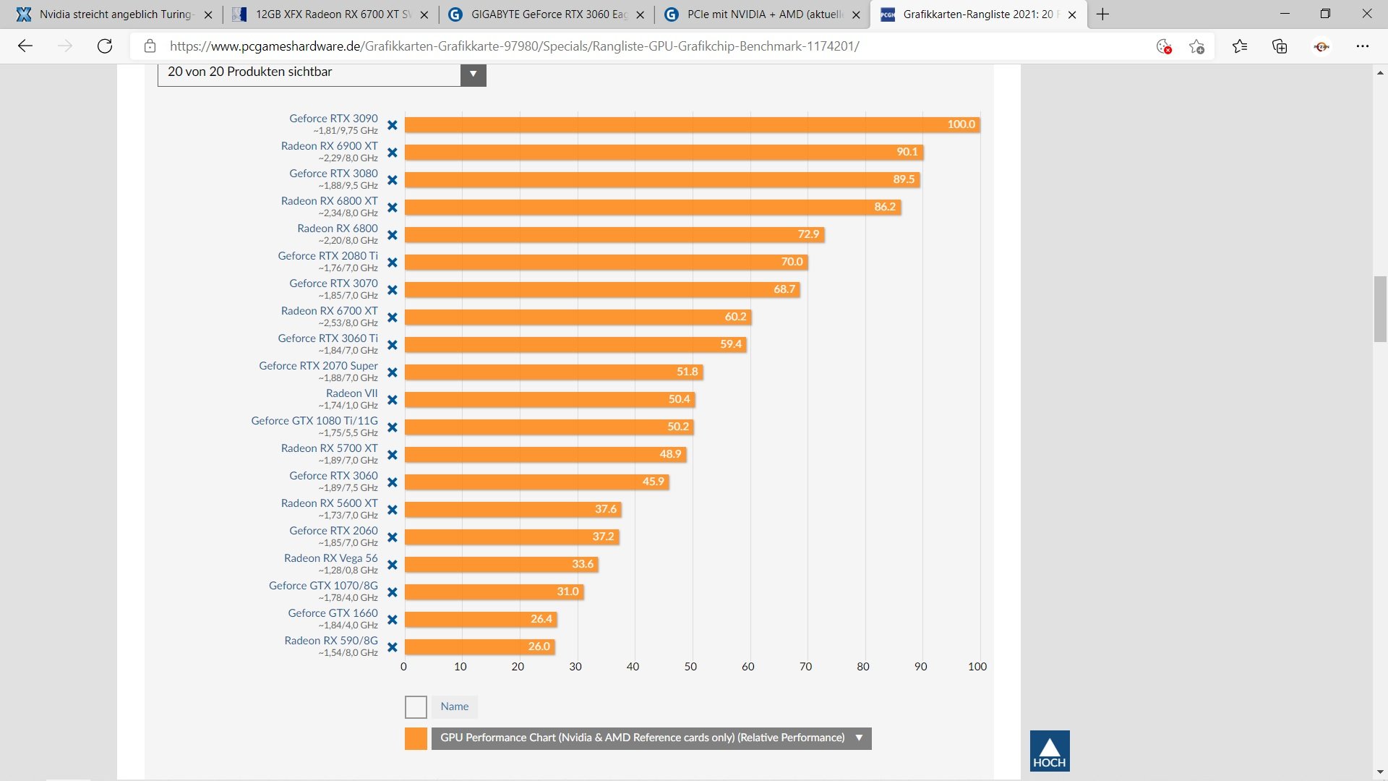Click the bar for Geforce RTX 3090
coord(692,124)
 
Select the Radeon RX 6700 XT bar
coord(578,317)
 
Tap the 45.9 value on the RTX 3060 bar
coord(653,482)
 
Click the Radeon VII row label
coord(351,393)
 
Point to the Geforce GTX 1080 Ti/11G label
coord(314,421)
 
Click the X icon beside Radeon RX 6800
coord(393,235)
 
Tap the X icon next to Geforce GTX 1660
coord(393,620)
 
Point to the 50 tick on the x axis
coord(690,667)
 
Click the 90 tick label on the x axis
coord(920,667)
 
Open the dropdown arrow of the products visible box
coord(473,74)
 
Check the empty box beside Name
coord(416,707)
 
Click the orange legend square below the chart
coord(416,738)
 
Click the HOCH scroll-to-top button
coord(1049,751)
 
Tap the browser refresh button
coord(105,46)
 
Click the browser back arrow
coord(25,46)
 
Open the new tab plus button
coord(1102,14)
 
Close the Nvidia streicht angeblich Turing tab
coord(208,14)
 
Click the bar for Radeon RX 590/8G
coord(479,646)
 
